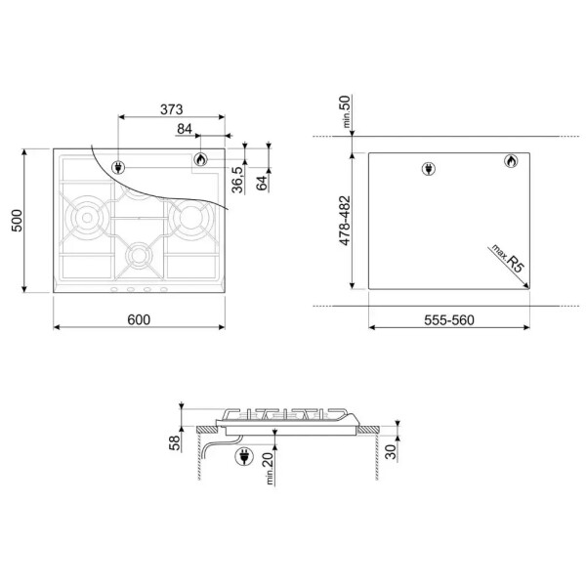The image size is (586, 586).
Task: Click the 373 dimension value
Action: tap(172, 109)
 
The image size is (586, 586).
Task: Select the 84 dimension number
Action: tap(185, 129)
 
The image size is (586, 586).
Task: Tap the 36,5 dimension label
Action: tap(237, 180)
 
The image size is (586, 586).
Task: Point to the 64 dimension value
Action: tap(262, 183)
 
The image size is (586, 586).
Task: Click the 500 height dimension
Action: tap(17, 221)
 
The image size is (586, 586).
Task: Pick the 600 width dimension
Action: tap(139, 320)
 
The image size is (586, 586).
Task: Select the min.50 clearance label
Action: tap(346, 111)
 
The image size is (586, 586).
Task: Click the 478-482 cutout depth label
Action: tap(345, 221)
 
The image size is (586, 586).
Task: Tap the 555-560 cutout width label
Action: tap(449, 320)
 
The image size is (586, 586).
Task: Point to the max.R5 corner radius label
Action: tap(508, 258)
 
